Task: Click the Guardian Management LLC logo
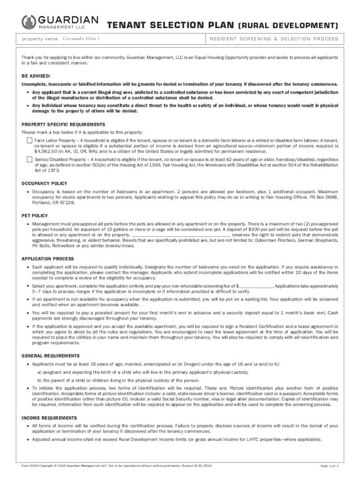coord(60,22)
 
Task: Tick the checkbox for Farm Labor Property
coord(29,140)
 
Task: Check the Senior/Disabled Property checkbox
coord(29,160)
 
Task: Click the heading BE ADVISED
coord(37,75)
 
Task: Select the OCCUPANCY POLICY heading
coord(44,183)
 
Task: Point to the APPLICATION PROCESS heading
coord(48,259)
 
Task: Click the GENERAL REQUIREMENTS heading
coord(50,356)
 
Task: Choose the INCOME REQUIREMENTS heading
coord(49,418)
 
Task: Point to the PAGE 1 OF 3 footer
coord(329,467)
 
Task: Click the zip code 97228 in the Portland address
coord(66,203)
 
